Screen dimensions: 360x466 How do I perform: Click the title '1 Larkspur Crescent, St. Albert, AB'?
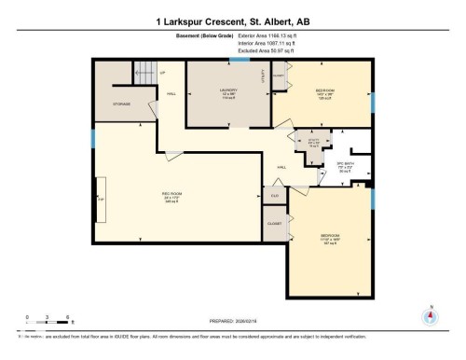tap(232, 18)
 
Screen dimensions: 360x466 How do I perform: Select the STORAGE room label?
tap(120, 104)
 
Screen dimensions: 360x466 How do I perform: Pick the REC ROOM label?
tap(170, 195)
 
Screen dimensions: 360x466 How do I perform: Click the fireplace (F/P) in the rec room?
tap(101, 199)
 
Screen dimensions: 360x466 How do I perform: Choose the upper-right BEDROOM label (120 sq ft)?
tap(323, 92)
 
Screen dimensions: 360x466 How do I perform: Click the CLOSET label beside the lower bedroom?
tap(274, 224)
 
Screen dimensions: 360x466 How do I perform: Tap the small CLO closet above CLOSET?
tap(274, 196)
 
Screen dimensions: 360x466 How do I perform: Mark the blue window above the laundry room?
tap(240, 60)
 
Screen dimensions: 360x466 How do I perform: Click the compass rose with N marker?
tap(429, 316)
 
